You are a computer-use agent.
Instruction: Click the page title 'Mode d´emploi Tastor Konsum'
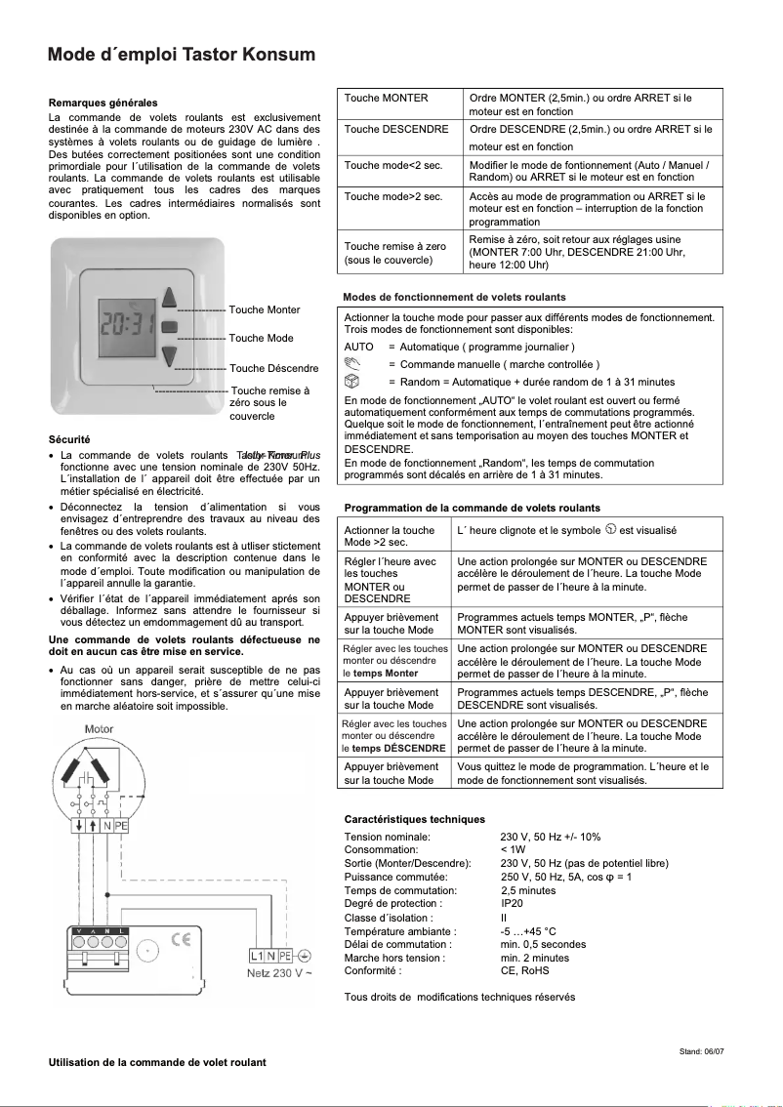(x=182, y=55)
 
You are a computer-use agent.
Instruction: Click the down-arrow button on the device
(x=170, y=355)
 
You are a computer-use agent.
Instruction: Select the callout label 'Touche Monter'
(x=264, y=309)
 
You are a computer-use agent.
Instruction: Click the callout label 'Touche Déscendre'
(x=273, y=368)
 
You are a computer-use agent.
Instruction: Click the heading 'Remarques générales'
(x=103, y=102)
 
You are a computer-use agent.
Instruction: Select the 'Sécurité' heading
(x=69, y=439)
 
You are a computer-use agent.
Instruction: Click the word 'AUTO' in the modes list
(x=359, y=347)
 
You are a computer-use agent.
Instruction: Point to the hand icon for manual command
(x=353, y=363)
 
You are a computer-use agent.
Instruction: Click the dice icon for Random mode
(x=353, y=381)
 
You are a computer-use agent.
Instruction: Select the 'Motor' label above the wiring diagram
(x=100, y=729)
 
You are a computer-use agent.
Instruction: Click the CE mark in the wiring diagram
(x=181, y=941)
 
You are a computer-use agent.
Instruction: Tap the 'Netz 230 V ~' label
(x=279, y=973)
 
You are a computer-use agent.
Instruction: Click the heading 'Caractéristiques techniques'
(x=414, y=819)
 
